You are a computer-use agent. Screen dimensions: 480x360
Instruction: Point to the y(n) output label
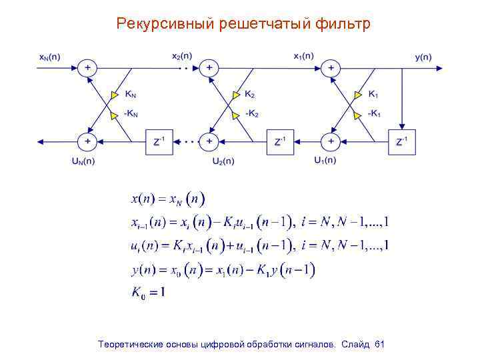423,57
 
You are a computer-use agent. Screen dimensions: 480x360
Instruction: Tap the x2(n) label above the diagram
181,56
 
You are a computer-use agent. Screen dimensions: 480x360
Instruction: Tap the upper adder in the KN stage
87,68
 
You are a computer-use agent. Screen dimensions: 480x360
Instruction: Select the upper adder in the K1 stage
329,68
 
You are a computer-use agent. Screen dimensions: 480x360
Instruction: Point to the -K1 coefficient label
375,113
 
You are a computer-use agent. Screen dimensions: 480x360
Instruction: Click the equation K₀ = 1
148,293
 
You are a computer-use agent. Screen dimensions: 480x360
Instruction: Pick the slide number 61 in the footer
380,344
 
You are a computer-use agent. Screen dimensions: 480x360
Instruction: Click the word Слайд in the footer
357,344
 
